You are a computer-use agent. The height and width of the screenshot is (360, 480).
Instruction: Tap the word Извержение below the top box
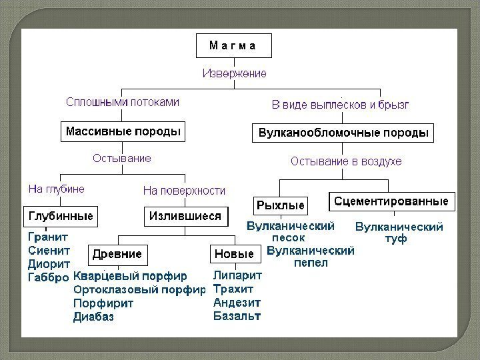235,73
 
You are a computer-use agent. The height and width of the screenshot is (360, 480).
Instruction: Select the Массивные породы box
123,131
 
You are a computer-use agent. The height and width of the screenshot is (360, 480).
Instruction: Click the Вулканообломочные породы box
343,133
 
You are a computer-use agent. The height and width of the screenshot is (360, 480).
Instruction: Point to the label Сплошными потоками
122,103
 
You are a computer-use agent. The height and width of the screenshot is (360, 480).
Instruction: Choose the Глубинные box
60,216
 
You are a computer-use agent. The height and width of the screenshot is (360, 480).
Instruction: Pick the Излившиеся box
185,216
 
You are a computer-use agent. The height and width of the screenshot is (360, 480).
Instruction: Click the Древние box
117,254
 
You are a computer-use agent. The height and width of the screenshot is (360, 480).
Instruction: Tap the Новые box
234,254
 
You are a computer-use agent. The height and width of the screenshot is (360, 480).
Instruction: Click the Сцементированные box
391,201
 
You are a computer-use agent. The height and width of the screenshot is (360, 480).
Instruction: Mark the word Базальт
237,315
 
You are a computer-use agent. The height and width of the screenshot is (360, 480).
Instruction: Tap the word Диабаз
94,317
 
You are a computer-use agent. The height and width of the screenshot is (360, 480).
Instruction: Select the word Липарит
237,275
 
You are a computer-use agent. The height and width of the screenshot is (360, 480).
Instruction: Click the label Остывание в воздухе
346,161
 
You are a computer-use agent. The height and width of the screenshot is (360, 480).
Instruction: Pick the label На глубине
56,189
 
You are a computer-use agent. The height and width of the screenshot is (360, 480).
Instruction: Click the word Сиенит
49,250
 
